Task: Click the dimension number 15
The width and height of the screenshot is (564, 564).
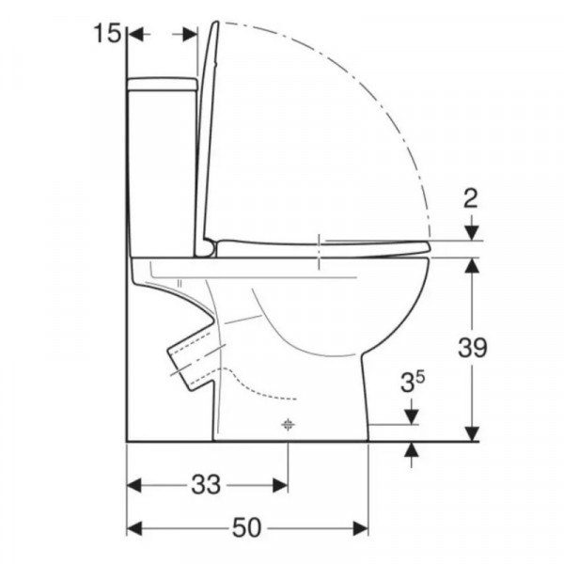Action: pos(107,34)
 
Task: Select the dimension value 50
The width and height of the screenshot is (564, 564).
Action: pos(246,528)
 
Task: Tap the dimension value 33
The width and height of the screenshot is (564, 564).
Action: pos(206,484)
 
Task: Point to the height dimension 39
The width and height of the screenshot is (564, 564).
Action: pos(472,348)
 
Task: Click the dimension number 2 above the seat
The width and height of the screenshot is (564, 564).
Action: pos(470,198)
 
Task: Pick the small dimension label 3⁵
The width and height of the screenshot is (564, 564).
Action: pos(413,382)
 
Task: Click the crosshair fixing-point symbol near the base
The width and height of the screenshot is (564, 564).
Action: pos(288,425)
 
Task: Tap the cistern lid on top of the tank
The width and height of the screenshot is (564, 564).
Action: pos(163,84)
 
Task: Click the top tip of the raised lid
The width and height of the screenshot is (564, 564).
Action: pos(216,23)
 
